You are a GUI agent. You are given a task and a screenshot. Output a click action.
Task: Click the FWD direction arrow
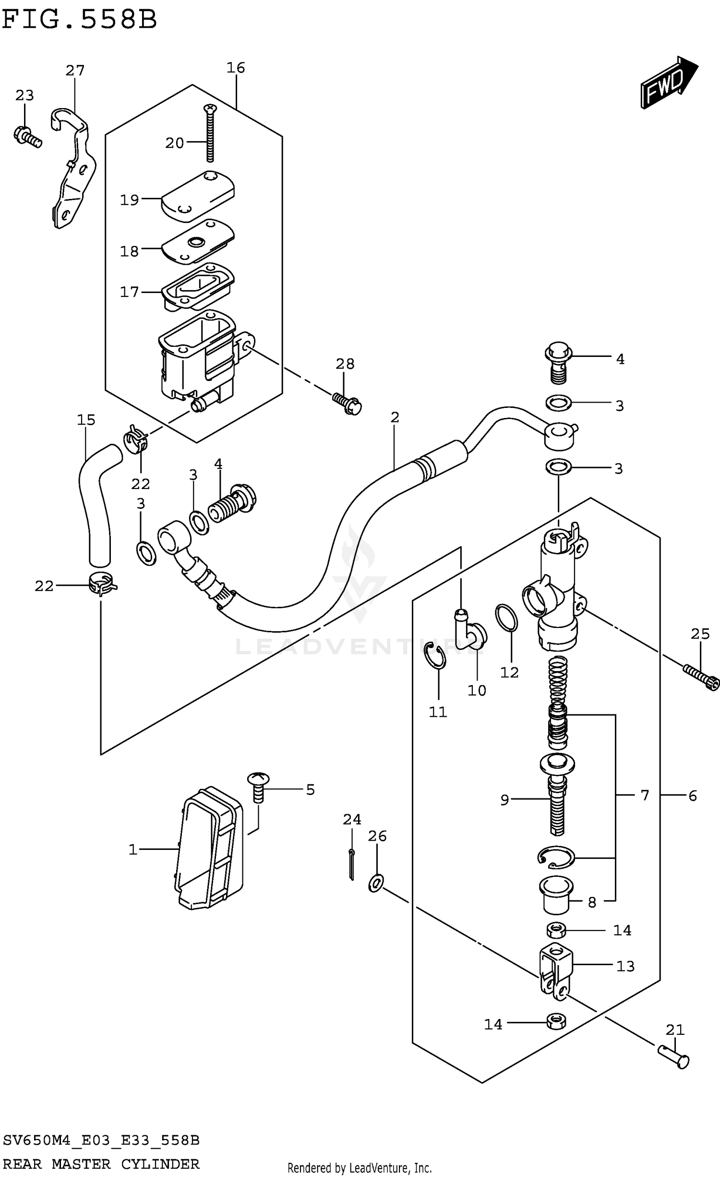click(x=669, y=83)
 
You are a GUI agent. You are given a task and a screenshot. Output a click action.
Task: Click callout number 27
click(x=75, y=71)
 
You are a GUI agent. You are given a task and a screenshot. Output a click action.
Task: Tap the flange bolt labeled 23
click(x=27, y=136)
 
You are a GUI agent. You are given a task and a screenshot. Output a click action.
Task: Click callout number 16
click(x=236, y=68)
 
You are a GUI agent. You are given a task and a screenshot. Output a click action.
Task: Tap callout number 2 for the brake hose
click(x=395, y=417)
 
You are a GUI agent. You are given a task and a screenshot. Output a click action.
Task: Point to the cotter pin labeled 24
click(x=352, y=864)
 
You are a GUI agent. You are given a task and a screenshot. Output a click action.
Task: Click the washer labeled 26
click(x=376, y=883)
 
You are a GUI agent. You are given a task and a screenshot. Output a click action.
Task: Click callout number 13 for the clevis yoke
click(x=625, y=966)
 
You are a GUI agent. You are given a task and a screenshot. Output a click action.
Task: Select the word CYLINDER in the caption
click(x=160, y=1164)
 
